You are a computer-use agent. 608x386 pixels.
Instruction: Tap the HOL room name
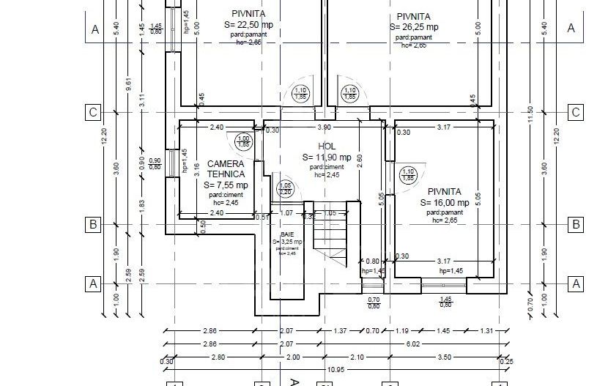click(327, 146)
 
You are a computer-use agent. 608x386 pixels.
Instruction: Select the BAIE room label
click(287, 234)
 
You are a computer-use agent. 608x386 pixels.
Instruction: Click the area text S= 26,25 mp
click(414, 27)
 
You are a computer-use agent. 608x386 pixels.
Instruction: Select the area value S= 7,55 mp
click(226, 185)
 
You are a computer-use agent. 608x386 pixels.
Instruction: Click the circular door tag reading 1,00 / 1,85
click(244, 141)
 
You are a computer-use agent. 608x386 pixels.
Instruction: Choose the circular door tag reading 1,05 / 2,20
click(286, 189)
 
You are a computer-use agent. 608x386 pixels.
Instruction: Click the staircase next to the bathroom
click(333, 234)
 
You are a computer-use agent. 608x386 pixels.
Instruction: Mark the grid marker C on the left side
click(93, 113)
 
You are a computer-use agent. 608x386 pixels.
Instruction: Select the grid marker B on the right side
click(576, 224)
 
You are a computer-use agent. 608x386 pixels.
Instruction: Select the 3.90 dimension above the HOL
click(323, 127)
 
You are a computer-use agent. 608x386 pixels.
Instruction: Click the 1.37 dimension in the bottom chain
click(340, 331)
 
